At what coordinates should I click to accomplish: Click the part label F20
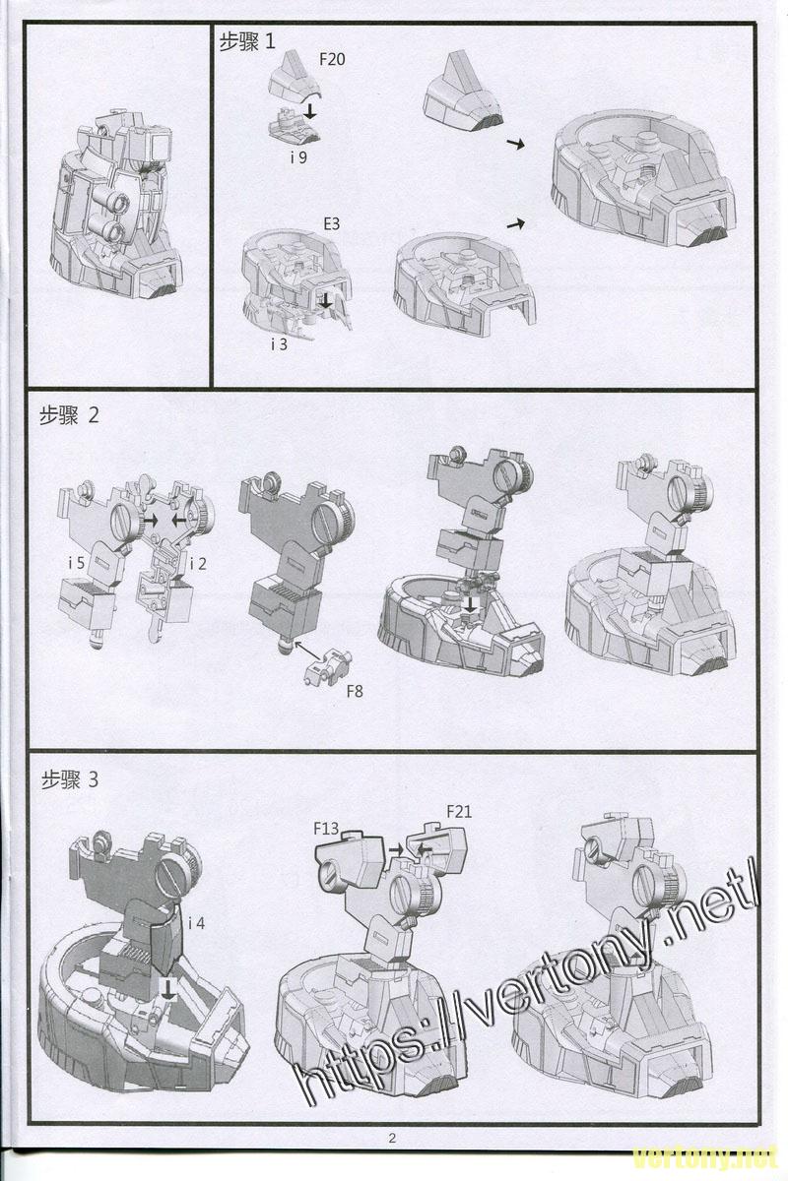[x=332, y=59]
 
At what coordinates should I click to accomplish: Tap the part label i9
[x=298, y=157]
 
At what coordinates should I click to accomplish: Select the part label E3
[x=332, y=223]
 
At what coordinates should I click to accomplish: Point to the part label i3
[x=279, y=344]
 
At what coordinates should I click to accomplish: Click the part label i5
[x=77, y=563]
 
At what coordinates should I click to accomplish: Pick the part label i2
[x=198, y=564]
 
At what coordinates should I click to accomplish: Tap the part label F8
[x=355, y=691]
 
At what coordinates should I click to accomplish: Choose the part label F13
[x=326, y=829]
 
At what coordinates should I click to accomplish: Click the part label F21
[x=459, y=811]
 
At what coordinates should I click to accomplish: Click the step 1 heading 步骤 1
[x=247, y=41]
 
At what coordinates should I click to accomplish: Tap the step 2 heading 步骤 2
[x=69, y=416]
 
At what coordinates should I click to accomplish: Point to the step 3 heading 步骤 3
[x=70, y=779]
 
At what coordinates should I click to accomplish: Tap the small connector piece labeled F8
[x=328, y=667]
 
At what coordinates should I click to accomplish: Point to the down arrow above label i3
[x=326, y=301]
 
